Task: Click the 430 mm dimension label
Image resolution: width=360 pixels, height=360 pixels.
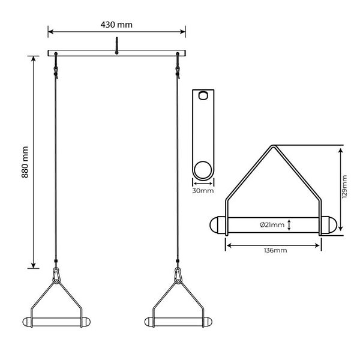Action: point(116,25)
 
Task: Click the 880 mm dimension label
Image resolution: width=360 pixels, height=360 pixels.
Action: point(25,162)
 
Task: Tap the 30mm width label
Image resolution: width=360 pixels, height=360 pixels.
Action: point(203,191)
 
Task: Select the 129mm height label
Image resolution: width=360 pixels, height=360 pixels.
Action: point(344,187)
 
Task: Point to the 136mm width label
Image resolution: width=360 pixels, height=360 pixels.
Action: point(275,250)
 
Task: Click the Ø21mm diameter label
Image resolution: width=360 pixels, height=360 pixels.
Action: point(272,225)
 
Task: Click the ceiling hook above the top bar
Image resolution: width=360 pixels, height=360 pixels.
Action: point(116,46)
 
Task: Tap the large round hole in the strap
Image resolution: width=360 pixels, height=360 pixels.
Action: point(203,170)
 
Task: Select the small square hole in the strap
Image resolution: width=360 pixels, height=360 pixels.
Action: point(203,95)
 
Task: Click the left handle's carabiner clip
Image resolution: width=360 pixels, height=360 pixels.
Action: point(56,275)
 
